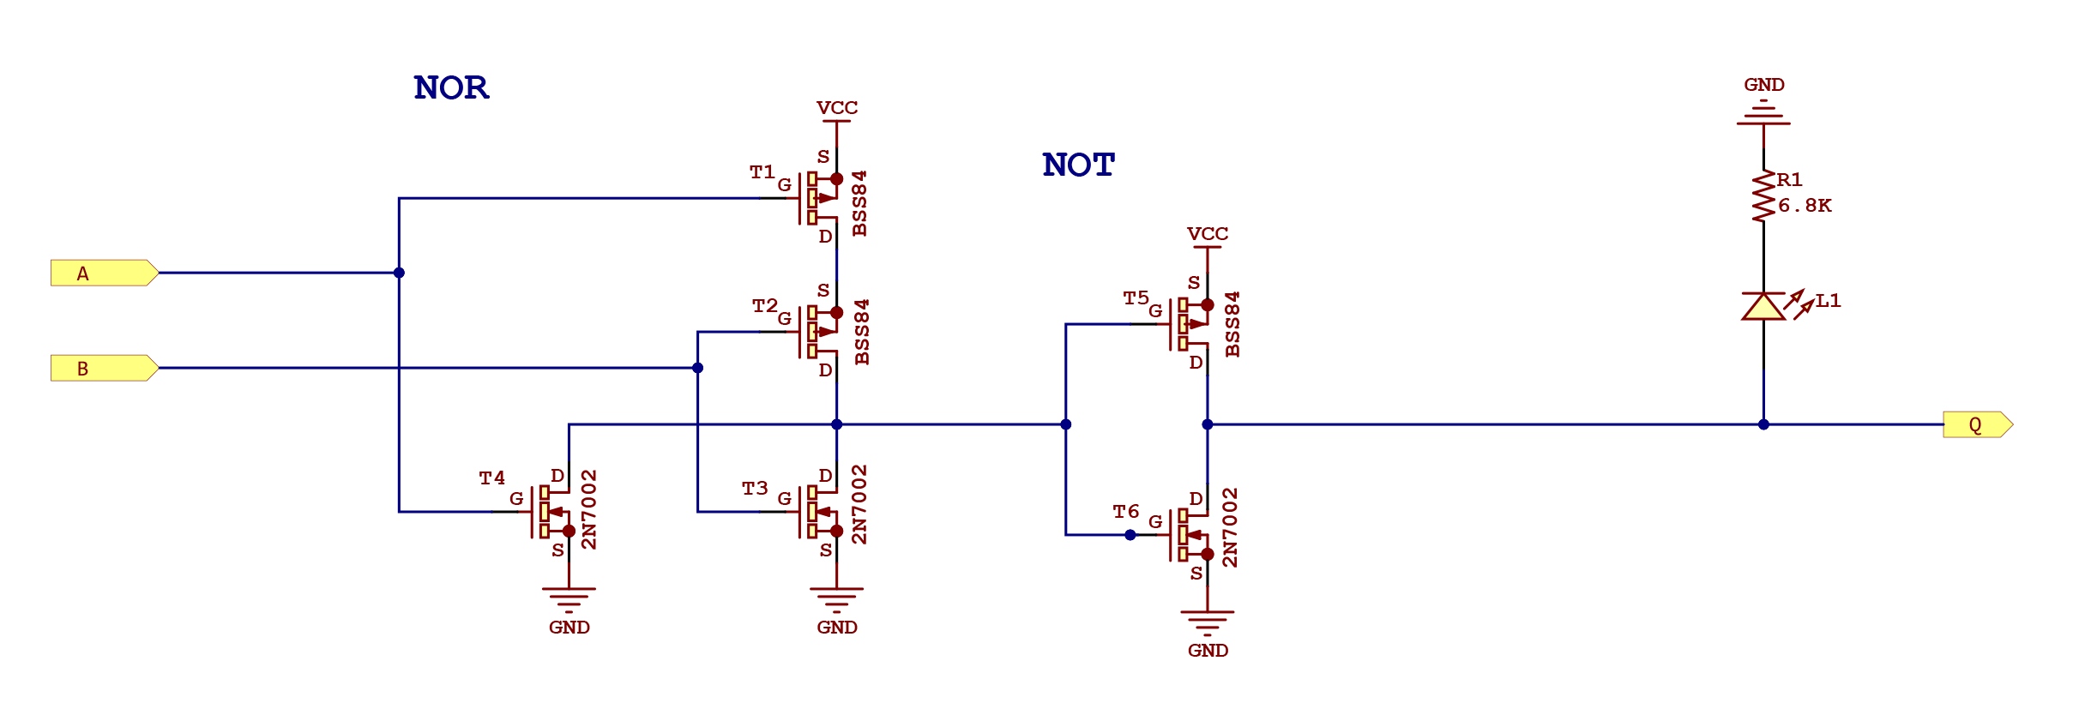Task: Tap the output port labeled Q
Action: click(x=1976, y=424)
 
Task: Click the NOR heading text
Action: click(x=451, y=87)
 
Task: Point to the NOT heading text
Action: click(x=1078, y=165)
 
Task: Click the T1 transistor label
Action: click(x=762, y=172)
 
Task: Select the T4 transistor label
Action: click(x=491, y=478)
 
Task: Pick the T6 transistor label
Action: click(x=1125, y=512)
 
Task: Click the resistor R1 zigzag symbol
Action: click(x=1763, y=197)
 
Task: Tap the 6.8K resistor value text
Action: click(x=1805, y=206)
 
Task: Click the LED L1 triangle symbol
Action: click(x=1763, y=306)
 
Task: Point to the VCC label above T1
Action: click(x=837, y=108)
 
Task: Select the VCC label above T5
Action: click(x=1208, y=234)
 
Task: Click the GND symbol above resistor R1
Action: click(x=1763, y=111)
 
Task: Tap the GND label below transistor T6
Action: click(x=1208, y=651)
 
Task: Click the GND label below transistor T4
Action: click(x=569, y=628)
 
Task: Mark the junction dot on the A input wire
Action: click(x=399, y=273)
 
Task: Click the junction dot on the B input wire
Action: click(x=698, y=368)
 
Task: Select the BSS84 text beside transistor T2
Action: click(x=862, y=332)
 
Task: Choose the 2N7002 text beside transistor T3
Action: click(x=859, y=504)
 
